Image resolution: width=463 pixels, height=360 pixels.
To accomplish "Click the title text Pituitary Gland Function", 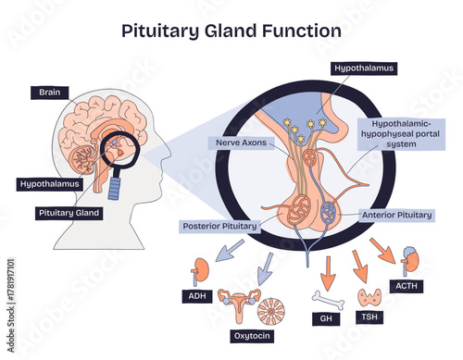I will [231, 30].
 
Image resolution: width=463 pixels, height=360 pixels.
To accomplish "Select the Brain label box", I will [49, 92].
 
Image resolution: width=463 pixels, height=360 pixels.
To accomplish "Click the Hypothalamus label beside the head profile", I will [49, 183].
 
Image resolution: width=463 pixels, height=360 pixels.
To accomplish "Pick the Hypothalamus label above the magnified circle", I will [364, 68].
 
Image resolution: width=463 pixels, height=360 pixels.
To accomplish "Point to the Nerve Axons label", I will [241, 143].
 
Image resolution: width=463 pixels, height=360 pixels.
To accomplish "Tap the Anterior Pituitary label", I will [395, 214].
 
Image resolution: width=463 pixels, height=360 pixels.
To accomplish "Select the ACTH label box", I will [408, 286].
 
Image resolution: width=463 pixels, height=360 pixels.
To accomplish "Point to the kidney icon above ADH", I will [198, 275].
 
